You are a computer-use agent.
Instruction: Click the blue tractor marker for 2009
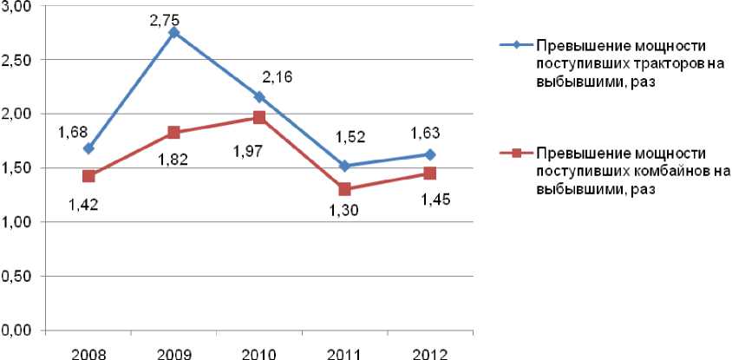[174, 33]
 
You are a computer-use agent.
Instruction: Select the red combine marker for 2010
[259, 117]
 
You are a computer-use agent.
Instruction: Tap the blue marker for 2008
[89, 148]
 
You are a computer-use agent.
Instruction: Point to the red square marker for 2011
[344, 189]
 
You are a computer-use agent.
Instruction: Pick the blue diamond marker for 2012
[429, 154]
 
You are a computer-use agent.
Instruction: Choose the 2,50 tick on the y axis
[17, 60]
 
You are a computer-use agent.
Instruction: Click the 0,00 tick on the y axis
[17, 331]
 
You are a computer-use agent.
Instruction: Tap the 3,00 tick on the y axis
[17, 6]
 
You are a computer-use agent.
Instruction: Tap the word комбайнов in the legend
[657, 171]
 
